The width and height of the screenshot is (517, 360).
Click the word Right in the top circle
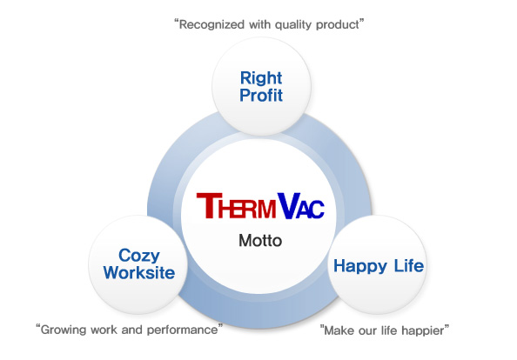(261, 79)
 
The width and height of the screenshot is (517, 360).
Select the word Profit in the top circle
(261, 96)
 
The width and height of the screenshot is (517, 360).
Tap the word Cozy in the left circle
(138, 257)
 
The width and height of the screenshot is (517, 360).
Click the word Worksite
(138, 273)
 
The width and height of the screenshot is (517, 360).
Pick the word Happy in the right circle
(360, 267)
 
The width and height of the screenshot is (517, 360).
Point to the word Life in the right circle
(409, 265)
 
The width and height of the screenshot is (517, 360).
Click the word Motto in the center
(260, 241)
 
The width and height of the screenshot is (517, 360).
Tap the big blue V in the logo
(287, 206)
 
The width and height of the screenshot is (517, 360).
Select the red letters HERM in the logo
(247, 209)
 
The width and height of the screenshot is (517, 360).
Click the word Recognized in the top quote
(211, 24)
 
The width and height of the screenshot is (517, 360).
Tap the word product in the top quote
(338, 24)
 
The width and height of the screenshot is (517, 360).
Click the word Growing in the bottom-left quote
(64, 330)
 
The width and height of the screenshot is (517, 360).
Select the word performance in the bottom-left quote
(182, 330)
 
